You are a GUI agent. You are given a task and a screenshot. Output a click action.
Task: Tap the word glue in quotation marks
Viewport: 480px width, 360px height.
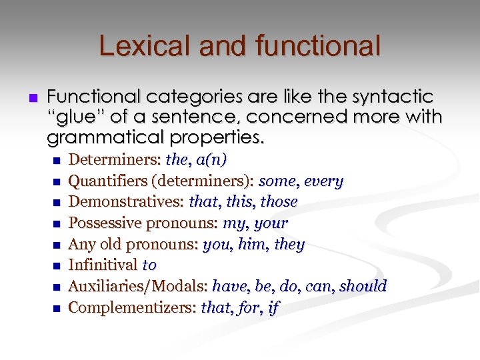point(76,117)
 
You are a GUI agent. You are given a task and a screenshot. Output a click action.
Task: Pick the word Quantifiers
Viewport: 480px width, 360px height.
point(103,181)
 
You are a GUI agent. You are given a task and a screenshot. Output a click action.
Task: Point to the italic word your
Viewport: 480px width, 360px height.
point(271,223)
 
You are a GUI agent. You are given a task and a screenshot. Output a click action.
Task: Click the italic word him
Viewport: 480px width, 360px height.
point(251,245)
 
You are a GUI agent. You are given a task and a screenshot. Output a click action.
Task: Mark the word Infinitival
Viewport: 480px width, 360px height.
point(103,265)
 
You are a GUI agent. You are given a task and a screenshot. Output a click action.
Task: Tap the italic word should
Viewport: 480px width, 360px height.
point(363,287)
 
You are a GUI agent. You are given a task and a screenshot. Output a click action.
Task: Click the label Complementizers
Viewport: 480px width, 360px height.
point(132,308)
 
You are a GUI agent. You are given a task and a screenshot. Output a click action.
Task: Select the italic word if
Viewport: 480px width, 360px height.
point(273,308)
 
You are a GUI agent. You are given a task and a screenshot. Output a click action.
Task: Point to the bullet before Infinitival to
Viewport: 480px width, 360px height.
point(55,266)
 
